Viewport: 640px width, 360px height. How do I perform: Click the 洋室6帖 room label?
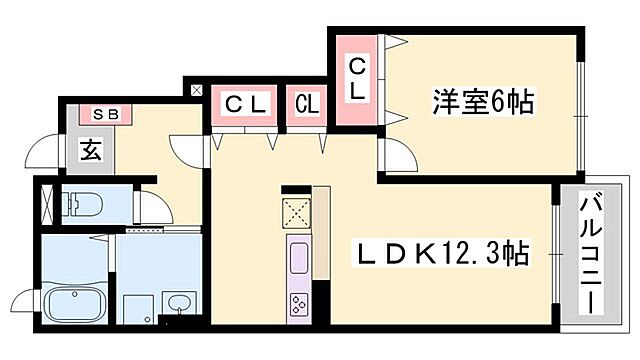coord(481,101)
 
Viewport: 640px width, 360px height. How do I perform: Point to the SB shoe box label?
coord(106,114)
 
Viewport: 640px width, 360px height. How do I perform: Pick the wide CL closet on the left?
coord(244,103)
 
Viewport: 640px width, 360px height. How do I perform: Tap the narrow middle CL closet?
coord(307,104)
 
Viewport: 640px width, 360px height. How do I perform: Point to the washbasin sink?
coord(179,303)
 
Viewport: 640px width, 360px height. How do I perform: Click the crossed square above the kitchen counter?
coord(298,213)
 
